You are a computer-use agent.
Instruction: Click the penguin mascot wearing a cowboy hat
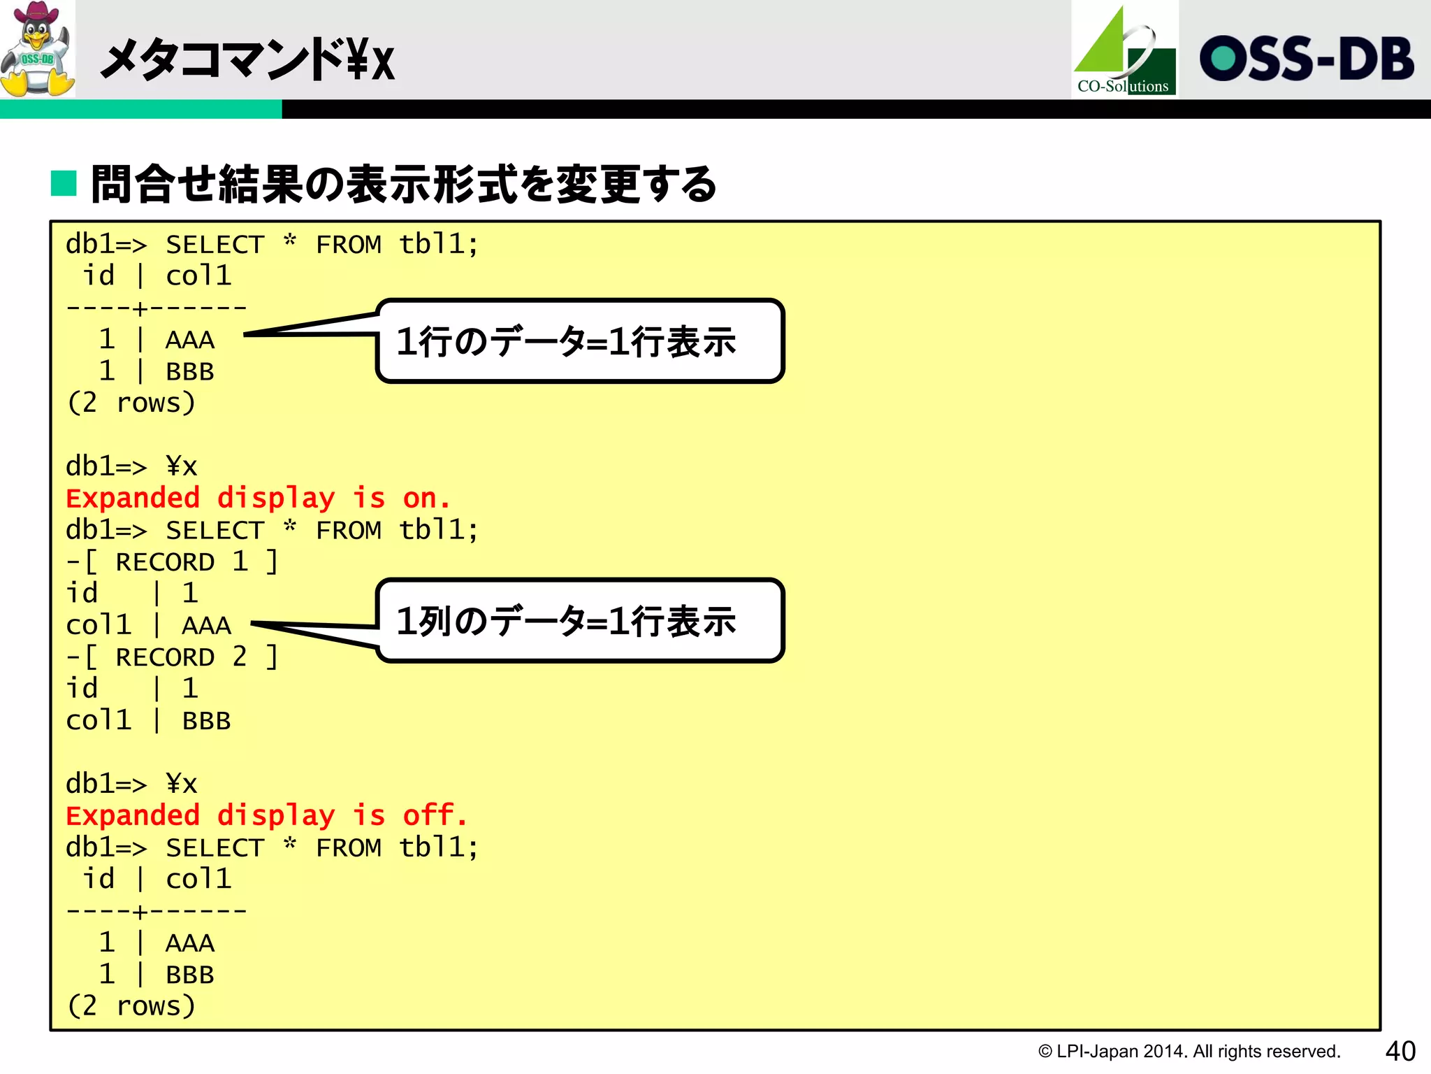(x=38, y=49)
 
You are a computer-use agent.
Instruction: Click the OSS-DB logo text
(x=1306, y=59)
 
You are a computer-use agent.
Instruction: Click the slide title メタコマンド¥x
(x=248, y=60)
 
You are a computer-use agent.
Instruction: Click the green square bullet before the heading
(x=64, y=183)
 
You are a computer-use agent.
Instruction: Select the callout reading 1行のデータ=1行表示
(x=579, y=341)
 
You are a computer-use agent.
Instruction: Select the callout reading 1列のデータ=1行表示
(x=579, y=620)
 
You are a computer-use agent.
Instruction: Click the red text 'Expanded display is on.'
(x=258, y=499)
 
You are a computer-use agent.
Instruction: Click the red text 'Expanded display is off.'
(x=266, y=815)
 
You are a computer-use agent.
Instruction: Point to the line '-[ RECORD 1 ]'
(x=172, y=561)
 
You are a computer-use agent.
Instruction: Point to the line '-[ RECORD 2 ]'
(x=172, y=657)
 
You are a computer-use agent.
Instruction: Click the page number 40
(x=1400, y=1051)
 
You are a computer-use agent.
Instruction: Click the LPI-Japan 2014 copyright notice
(x=1189, y=1052)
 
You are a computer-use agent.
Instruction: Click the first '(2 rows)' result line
(x=131, y=403)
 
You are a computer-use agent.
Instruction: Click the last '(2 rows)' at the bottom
(x=131, y=1006)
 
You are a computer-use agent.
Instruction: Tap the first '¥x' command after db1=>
(x=182, y=466)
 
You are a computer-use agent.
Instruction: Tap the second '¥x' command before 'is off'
(x=182, y=784)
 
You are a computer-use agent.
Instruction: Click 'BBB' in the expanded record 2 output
(x=206, y=721)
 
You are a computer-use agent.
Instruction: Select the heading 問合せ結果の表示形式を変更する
(x=404, y=185)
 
